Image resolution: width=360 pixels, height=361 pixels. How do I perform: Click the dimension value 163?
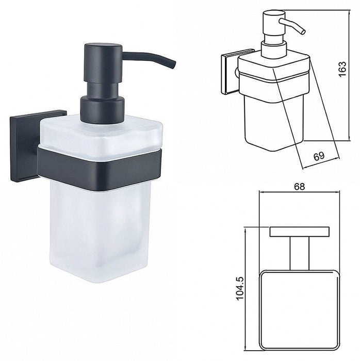pos(342,69)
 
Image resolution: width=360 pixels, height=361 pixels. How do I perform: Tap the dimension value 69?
pos(319,156)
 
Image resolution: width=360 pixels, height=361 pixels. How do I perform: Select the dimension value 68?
pos(299,186)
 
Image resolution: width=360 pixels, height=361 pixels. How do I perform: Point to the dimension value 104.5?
pos(240,288)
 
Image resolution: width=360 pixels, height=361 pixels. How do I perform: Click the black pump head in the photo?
pos(104,62)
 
